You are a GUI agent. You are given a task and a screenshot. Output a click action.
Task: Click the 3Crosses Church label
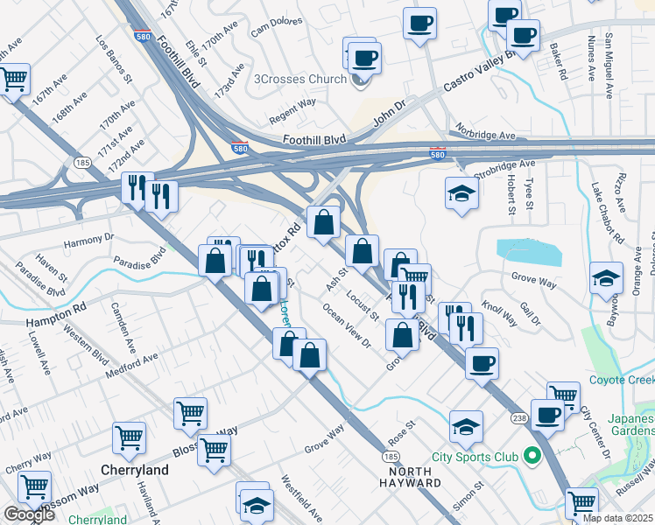point(299,80)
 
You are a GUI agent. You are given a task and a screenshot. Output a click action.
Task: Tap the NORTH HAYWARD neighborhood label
point(410,477)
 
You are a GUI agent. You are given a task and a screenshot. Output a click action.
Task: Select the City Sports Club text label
point(476,456)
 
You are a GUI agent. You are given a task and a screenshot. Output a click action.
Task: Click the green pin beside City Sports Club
point(531,456)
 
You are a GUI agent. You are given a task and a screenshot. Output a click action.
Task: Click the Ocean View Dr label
point(347,325)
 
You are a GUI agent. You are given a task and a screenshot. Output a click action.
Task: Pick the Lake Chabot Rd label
point(606,214)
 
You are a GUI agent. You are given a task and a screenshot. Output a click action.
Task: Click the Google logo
point(29,514)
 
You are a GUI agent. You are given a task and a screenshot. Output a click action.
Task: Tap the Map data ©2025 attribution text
point(617,518)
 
